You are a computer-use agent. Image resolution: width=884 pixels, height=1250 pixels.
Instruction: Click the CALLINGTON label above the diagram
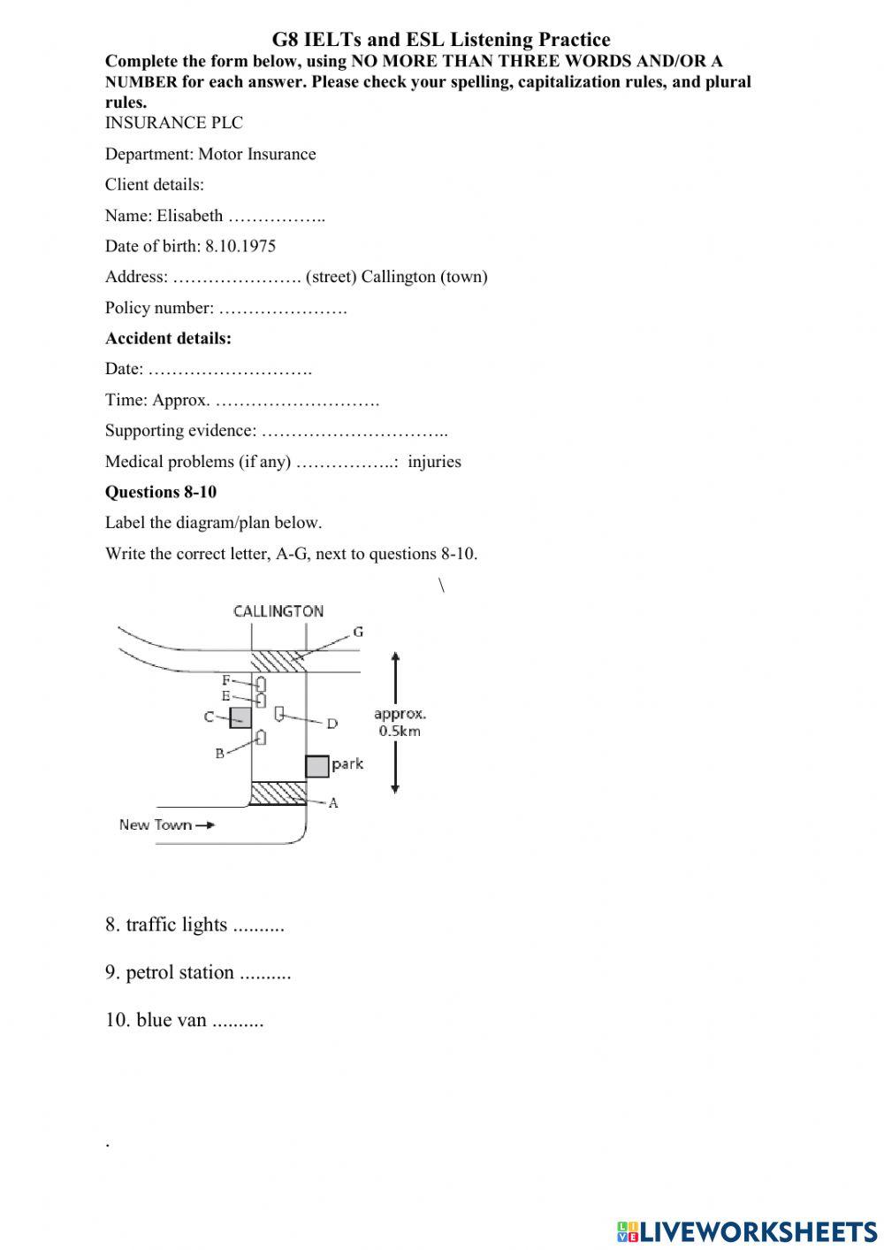[278, 611]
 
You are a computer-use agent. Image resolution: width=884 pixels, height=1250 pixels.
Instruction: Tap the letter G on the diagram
[357, 632]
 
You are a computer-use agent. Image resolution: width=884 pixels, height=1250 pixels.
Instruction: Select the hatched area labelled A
[278, 793]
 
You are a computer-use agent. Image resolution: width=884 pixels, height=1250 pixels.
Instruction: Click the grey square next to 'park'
[317, 766]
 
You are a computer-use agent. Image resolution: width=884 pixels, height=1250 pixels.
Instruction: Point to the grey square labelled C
[240, 717]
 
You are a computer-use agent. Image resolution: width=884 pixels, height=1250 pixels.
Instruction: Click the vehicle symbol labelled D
[279, 713]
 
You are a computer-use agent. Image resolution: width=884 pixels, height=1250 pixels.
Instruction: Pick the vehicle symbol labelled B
[261, 737]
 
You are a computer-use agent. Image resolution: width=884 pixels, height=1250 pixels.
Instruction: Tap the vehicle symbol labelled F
[261, 684]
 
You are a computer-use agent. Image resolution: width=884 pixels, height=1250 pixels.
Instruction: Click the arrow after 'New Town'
[205, 825]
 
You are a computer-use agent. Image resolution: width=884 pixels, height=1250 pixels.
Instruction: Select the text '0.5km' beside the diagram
[400, 731]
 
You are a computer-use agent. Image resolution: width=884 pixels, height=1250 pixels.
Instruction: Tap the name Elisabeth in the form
[190, 216]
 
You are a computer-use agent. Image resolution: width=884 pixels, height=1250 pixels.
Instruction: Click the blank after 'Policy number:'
[282, 309]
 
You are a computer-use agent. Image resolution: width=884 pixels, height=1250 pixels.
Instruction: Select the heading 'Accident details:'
[168, 338]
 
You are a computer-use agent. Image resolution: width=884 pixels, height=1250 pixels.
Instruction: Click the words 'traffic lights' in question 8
[177, 924]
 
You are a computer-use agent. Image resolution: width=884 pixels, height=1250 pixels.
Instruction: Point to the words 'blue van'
[171, 1020]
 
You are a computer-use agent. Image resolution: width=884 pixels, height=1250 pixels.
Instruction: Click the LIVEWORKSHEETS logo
[747, 1231]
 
